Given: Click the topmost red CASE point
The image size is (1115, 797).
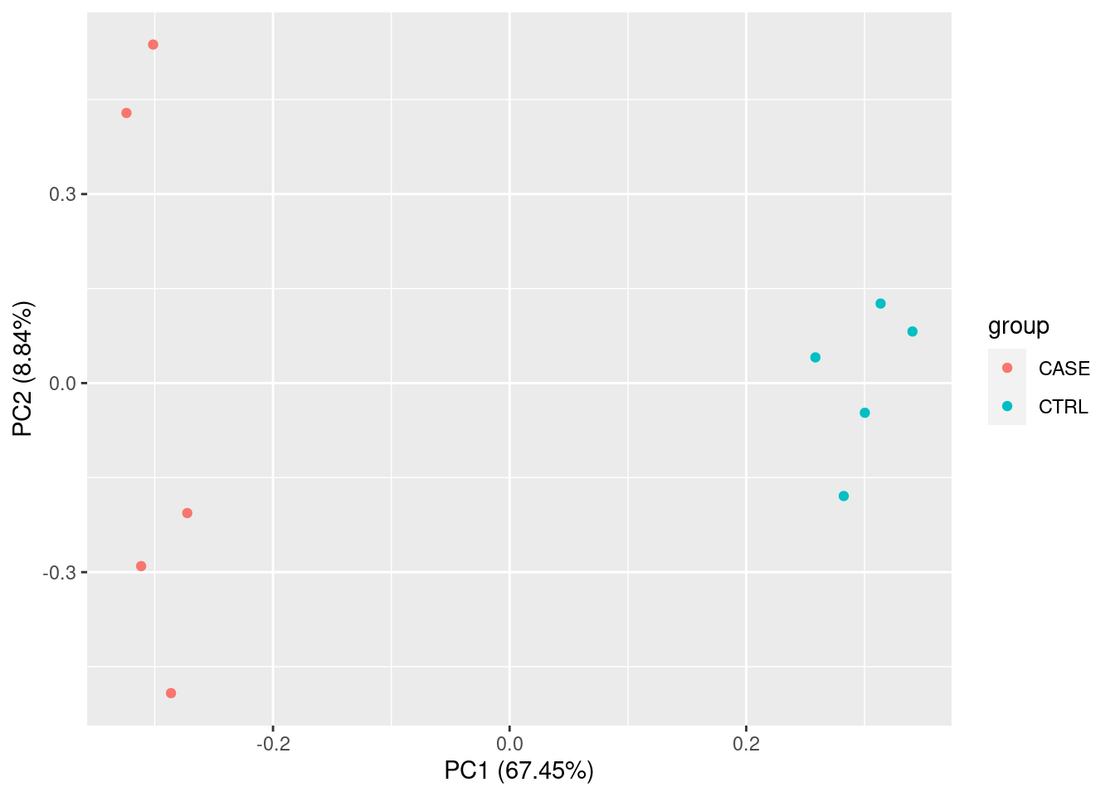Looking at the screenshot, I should tap(153, 45).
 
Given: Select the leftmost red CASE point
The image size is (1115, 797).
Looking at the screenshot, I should tap(126, 113).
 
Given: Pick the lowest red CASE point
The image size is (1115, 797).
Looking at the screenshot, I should tap(171, 693).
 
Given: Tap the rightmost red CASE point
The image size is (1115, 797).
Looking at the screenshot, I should tap(187, 513).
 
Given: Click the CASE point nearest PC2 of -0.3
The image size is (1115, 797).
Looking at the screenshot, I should tap(141, 566).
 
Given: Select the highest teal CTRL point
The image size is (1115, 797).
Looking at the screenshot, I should tap(880, 304).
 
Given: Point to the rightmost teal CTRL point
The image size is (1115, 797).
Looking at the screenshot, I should tap(912, 332).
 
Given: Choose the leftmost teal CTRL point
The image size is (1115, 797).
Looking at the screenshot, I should tap(815, 358).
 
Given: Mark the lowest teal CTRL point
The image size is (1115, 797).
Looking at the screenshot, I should tap(844, 496).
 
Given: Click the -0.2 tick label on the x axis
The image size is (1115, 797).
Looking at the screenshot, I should tap(273, 743).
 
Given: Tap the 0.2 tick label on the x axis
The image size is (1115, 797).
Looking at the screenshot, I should tap(746, 743).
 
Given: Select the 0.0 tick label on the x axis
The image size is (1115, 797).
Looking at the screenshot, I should tap(509, 743).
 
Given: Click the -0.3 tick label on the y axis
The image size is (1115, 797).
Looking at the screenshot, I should tap(58, 573).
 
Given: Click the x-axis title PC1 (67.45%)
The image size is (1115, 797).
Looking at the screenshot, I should tap(519, 771).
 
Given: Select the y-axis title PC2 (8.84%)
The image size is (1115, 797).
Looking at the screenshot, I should tap(22, 369).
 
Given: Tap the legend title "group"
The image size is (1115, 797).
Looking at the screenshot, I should tap(1018, 326).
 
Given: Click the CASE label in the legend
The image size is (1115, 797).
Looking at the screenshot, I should tap(1064, 369).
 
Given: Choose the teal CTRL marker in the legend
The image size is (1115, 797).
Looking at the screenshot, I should tap(1007, 407).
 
